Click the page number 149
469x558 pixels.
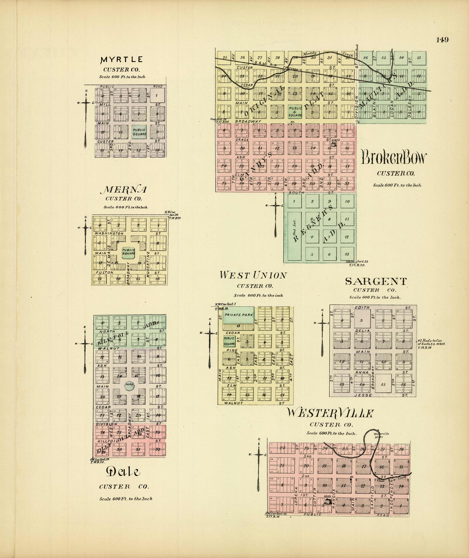tap(442, 40)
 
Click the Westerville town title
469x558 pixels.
tap(330, 413)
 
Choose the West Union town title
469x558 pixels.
tap(253, 275)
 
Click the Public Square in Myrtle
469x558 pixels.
tap(139, 132)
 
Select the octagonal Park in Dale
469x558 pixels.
tap(129, 385)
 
